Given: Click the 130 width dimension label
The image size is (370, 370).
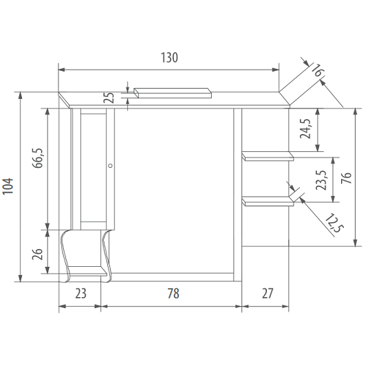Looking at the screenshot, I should (x=169, y=58).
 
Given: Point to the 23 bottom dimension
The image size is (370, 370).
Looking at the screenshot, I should (x=80, y=294).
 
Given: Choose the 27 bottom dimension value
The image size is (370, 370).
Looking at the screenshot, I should (x=268, y=294).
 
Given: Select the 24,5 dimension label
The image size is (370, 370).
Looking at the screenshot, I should (x=306, y=129).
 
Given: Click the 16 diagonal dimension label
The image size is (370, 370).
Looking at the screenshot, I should (x=316, y=71).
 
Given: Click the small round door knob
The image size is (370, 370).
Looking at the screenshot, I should (x=110, y=165).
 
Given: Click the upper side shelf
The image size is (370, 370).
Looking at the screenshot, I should (x=268, y=157).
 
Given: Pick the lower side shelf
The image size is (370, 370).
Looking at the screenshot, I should (x=268, y=201).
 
